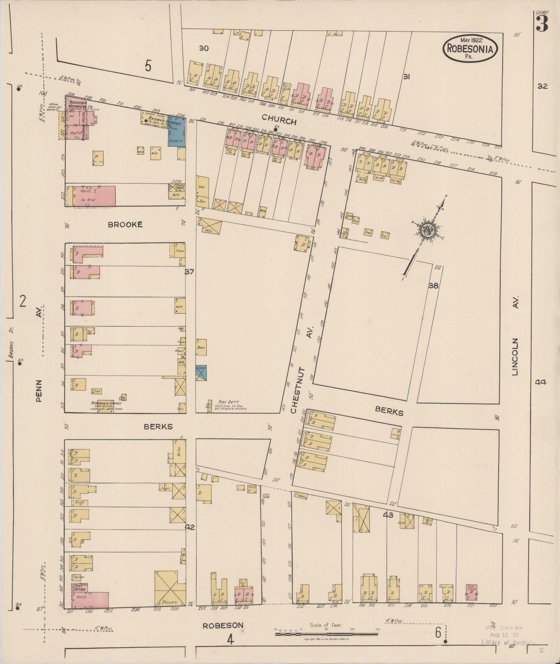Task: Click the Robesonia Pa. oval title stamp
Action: [x=470, y=48]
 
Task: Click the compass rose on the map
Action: [x=429, y=230]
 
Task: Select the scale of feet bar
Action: [x=327, y=634]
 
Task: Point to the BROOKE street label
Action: [x=125, y=224]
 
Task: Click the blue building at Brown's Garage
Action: [x=176, y=132]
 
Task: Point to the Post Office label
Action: [x=79, y=587]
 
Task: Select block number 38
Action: [x=433, y=286]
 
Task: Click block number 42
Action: [x=190, y=527]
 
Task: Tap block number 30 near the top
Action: [x=204, y=48]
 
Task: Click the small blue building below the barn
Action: [x=201, y=372]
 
